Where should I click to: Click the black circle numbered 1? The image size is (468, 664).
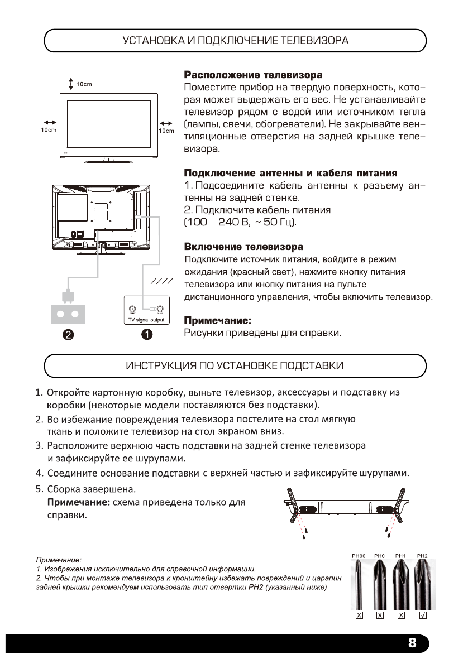pyautogui.click(x=147, y=334)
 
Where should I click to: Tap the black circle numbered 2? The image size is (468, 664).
pyautogui.click(x=69, y=334)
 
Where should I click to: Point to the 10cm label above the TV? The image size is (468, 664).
pyautogui.click(x=84, y=84)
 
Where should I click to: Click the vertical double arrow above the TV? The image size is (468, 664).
pyautogui.click(x=71, y=84)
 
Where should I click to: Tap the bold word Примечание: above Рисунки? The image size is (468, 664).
pyautogui.click(x=215, y=321)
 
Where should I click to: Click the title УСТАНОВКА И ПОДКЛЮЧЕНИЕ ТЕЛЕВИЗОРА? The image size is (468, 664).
pyautogui.click(x=235, y=41)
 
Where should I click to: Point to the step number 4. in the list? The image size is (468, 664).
pyautogui.click(x=39, y=474)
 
